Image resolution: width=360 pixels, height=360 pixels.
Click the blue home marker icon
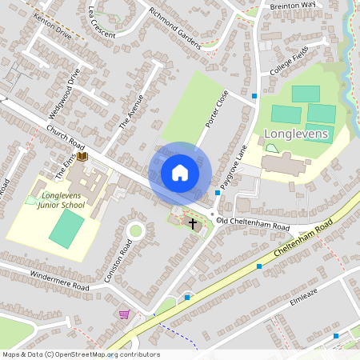180,174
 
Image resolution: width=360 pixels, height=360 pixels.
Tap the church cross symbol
192,222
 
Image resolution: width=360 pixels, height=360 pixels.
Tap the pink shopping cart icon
123,314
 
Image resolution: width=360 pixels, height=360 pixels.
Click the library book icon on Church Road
82,158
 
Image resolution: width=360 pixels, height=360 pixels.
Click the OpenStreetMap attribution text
80,354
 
